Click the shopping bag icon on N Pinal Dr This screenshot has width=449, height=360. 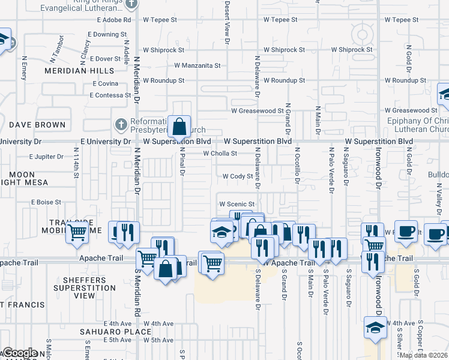click(179, 127)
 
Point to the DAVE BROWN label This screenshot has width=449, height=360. click(37, 125)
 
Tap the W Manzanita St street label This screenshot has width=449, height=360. click(197, 65)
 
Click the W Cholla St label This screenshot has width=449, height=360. click(220, 154)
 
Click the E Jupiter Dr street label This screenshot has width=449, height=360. click(46, 157)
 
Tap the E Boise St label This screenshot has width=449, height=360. click(47, 202)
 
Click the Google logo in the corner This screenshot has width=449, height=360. click(20, 353)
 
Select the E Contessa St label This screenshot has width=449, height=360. click(110, 95)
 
